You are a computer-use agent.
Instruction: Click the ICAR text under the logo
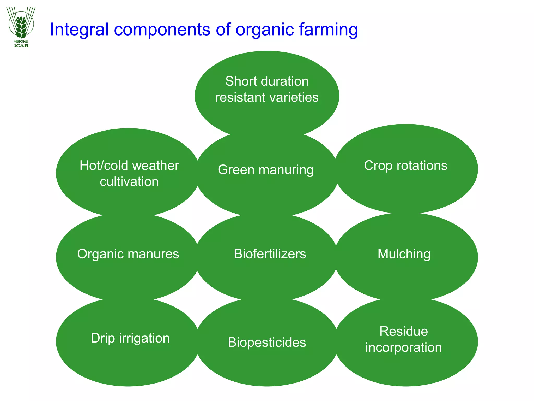click(21, 46)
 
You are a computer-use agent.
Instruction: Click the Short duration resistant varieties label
click(267, 89)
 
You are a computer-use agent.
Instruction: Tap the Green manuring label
click(266, 170)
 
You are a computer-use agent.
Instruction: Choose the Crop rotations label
click(405, 166)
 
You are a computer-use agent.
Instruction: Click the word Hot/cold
click(104, 166)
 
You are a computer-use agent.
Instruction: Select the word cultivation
click(129, 181)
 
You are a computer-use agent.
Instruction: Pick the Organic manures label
click(128, 254)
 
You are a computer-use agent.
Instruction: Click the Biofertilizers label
click(270, 254)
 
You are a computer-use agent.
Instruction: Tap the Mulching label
click(404, 254)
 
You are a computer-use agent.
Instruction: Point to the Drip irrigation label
click(130, 338)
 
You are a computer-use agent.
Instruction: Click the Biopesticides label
click(267, 342)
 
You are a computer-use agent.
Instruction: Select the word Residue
click(403, 331)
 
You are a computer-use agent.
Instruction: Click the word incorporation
click(403, 347)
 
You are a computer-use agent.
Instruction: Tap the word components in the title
click(162, 29)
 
